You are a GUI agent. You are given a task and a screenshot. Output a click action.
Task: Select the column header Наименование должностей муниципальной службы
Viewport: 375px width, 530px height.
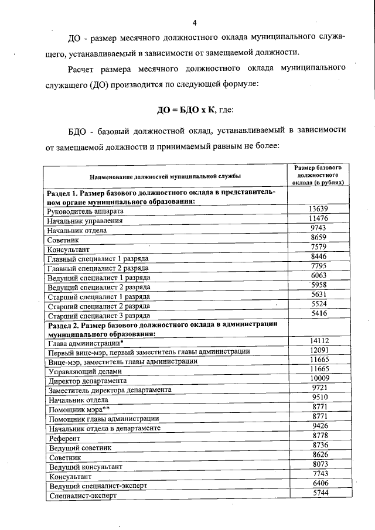tap(165, 176)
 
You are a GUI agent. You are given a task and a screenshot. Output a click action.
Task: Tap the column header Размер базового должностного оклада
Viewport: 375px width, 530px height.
tap(318, 175)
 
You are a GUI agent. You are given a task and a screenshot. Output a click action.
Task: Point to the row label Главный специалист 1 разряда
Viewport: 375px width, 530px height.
tap(98, 258)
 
